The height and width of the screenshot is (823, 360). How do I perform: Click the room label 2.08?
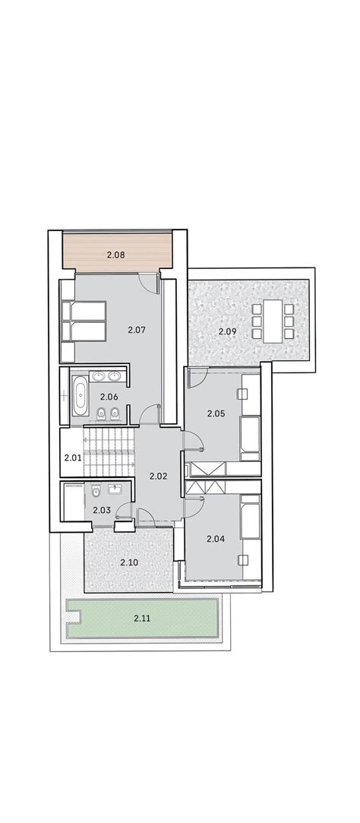pyautogui.click(x=116, y=255)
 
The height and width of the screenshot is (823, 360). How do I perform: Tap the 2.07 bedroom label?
pyautogui.click(x=136, y=330)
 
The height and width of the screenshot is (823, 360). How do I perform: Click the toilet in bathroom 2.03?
pyautogui.click(x=96, y=492)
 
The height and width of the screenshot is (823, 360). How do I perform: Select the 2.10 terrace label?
pyautogui.click(x=129, y=562)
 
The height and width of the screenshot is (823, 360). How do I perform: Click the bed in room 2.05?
pyautogui.click(x=250, y=438)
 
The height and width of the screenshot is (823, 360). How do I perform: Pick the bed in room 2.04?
pyautogui.click(x=251, y=517)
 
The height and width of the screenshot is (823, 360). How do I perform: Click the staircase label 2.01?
pyautogui.click(x=72, y=457)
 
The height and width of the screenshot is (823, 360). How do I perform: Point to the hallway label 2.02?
pyautogui.click(x=158, y=476)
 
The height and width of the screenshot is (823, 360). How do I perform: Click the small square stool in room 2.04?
pyautogui.click(x=243, y=560)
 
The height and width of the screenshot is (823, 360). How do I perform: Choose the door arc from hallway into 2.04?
pyautogui.click(x=194, y=505)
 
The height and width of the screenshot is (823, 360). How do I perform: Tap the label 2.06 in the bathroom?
pyautogui.click(x=109, y=397)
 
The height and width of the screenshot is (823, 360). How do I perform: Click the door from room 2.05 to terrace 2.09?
pyautogui.click(x=198, y=377)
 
